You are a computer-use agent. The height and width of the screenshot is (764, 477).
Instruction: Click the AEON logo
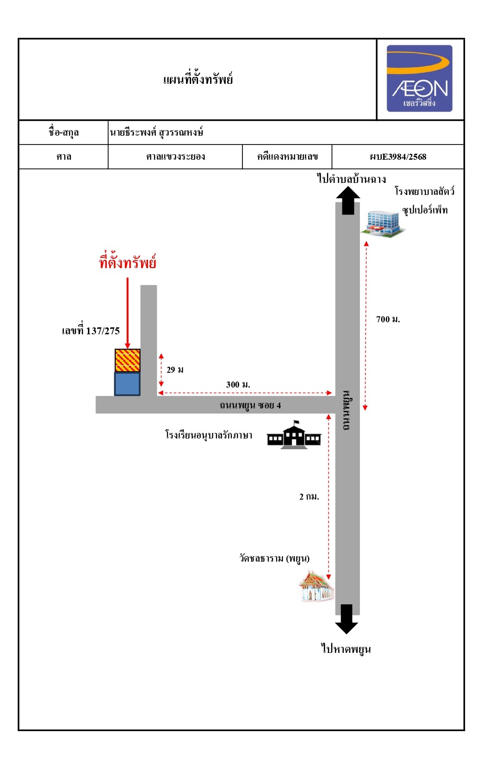[x=420, y=78]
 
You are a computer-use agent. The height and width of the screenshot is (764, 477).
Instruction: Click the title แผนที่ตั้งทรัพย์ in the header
[x=198, y=79]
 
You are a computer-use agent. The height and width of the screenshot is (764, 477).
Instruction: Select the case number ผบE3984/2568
[x=398, y=157]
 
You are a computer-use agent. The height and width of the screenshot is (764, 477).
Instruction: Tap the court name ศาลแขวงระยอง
[x=175, y=157]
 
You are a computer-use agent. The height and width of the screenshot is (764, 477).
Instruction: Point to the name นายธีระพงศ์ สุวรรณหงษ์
[x=156, y=132]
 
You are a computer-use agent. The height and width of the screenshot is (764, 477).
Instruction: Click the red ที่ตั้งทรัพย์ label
[x=128, y=262]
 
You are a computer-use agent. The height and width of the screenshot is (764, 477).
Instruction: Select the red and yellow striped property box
[x=127, y=360]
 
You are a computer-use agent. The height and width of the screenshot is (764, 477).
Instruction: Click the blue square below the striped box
[x=127, y=384]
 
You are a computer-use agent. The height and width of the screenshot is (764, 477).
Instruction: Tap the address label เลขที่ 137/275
[x=91, y=330]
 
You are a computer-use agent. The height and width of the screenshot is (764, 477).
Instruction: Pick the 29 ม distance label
[x=175, y=369]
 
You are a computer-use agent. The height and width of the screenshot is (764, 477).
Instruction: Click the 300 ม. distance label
[x=238, y=384]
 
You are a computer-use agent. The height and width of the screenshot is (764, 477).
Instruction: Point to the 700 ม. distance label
[x=388, y=319]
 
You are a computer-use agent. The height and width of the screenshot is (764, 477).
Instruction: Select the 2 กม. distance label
[x=309, y=496]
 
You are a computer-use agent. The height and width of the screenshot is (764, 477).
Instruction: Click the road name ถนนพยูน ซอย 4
[x=250, y=405]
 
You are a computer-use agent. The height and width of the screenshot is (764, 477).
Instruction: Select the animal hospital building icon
[x=383, y=224]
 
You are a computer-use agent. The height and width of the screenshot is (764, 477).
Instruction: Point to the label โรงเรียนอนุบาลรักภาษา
[x=209, y=435]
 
